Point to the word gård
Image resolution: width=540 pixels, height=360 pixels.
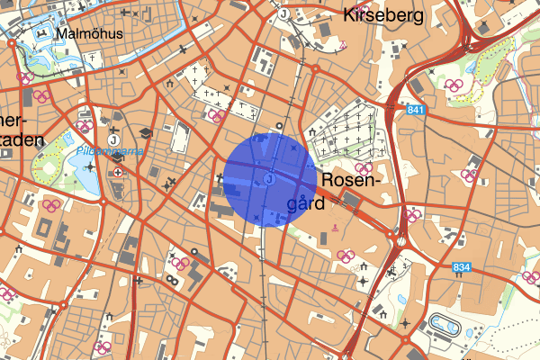pyautogui.click(x=304, y=205)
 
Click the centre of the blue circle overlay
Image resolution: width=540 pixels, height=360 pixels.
pyautogui.click(x=269, y=180)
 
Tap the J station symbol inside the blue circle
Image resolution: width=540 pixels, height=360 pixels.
pyautogui.click(x=269, y=180)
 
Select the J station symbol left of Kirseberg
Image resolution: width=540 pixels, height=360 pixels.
pyautogui.click(x=283, y=14)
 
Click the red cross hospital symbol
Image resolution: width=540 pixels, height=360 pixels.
pyautogui.click(x=118, y=172)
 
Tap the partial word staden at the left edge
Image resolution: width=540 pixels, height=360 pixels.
pyautogui.click(x=20, y=140)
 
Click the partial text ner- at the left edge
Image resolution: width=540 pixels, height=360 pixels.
pyautogui.click(x=14, y=121)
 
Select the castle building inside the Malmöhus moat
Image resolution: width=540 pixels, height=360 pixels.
pyautogui.click(x=41, y=37)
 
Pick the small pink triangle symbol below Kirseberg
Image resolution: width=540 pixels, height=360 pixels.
pyautogui.click(x=343, y=44)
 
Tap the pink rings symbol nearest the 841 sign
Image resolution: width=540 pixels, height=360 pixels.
pyautogui.click(x=457, y=86)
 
